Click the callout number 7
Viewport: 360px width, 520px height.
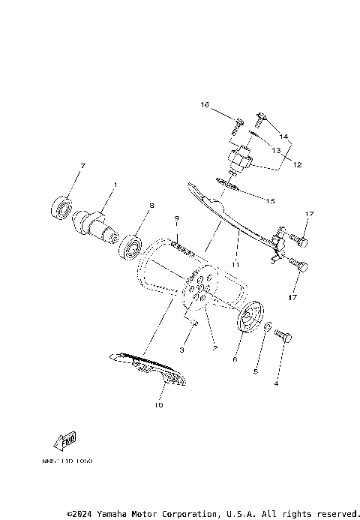click(x=83, y=165)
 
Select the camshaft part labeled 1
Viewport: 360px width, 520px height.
click(x=96, y=223)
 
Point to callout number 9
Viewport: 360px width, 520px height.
click(x=178, y=218)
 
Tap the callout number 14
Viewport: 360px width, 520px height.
click(x=283, y=137)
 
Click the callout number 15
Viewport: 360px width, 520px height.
click(x=271, y=200)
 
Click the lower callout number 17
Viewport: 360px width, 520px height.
click(x=292, y=297)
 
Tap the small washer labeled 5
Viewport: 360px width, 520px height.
click(x=268, y=328)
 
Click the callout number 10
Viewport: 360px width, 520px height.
click(x=158, y=406)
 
